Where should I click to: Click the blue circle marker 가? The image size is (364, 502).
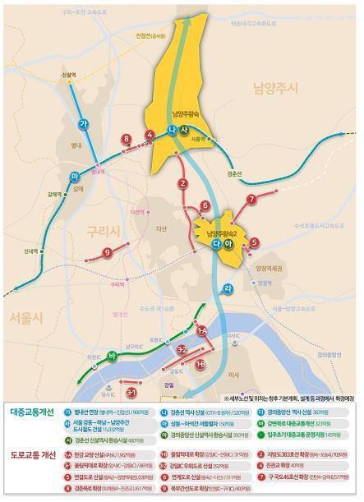82,123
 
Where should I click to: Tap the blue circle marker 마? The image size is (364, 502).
75,154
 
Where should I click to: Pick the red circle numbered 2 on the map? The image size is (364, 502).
182,184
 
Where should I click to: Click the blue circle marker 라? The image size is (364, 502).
228,287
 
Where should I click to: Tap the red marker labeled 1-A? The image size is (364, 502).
201,329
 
